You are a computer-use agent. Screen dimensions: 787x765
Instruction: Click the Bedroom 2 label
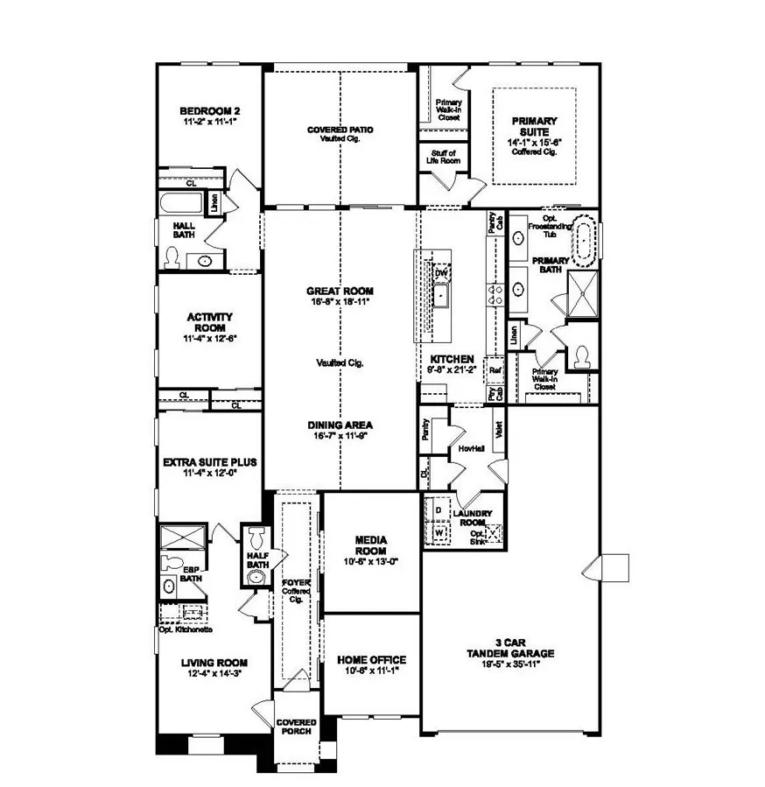[x=209, y=111]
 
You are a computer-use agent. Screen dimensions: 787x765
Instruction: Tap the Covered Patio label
[x=340, y=130]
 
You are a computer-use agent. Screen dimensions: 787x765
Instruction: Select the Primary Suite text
[x=534, y=127]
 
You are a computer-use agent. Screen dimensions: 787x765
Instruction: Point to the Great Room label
[x=340, y=291]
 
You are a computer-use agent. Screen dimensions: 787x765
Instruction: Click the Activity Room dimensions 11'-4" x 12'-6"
[x=209, y=337]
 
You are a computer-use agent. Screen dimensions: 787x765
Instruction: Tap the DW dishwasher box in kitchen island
[x=441, y=272]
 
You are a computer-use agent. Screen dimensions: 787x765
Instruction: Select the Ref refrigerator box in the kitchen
[x=495, y=369]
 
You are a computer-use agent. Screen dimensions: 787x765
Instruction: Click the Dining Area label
[x=340, y=424]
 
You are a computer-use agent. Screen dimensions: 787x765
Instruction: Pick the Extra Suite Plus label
[x=209, y=461]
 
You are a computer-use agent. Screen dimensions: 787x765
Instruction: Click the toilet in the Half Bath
[x=256, y=537]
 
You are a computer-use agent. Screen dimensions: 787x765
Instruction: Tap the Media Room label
[x=371, y=540]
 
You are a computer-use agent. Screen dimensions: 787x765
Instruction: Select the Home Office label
[x=372, y=660]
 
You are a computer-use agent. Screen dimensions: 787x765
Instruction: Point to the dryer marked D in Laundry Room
[x=438, y=509]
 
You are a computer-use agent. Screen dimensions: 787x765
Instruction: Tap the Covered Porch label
[x=296, y=727]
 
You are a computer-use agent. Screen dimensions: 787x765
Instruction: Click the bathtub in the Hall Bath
[x=181, y=206]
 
